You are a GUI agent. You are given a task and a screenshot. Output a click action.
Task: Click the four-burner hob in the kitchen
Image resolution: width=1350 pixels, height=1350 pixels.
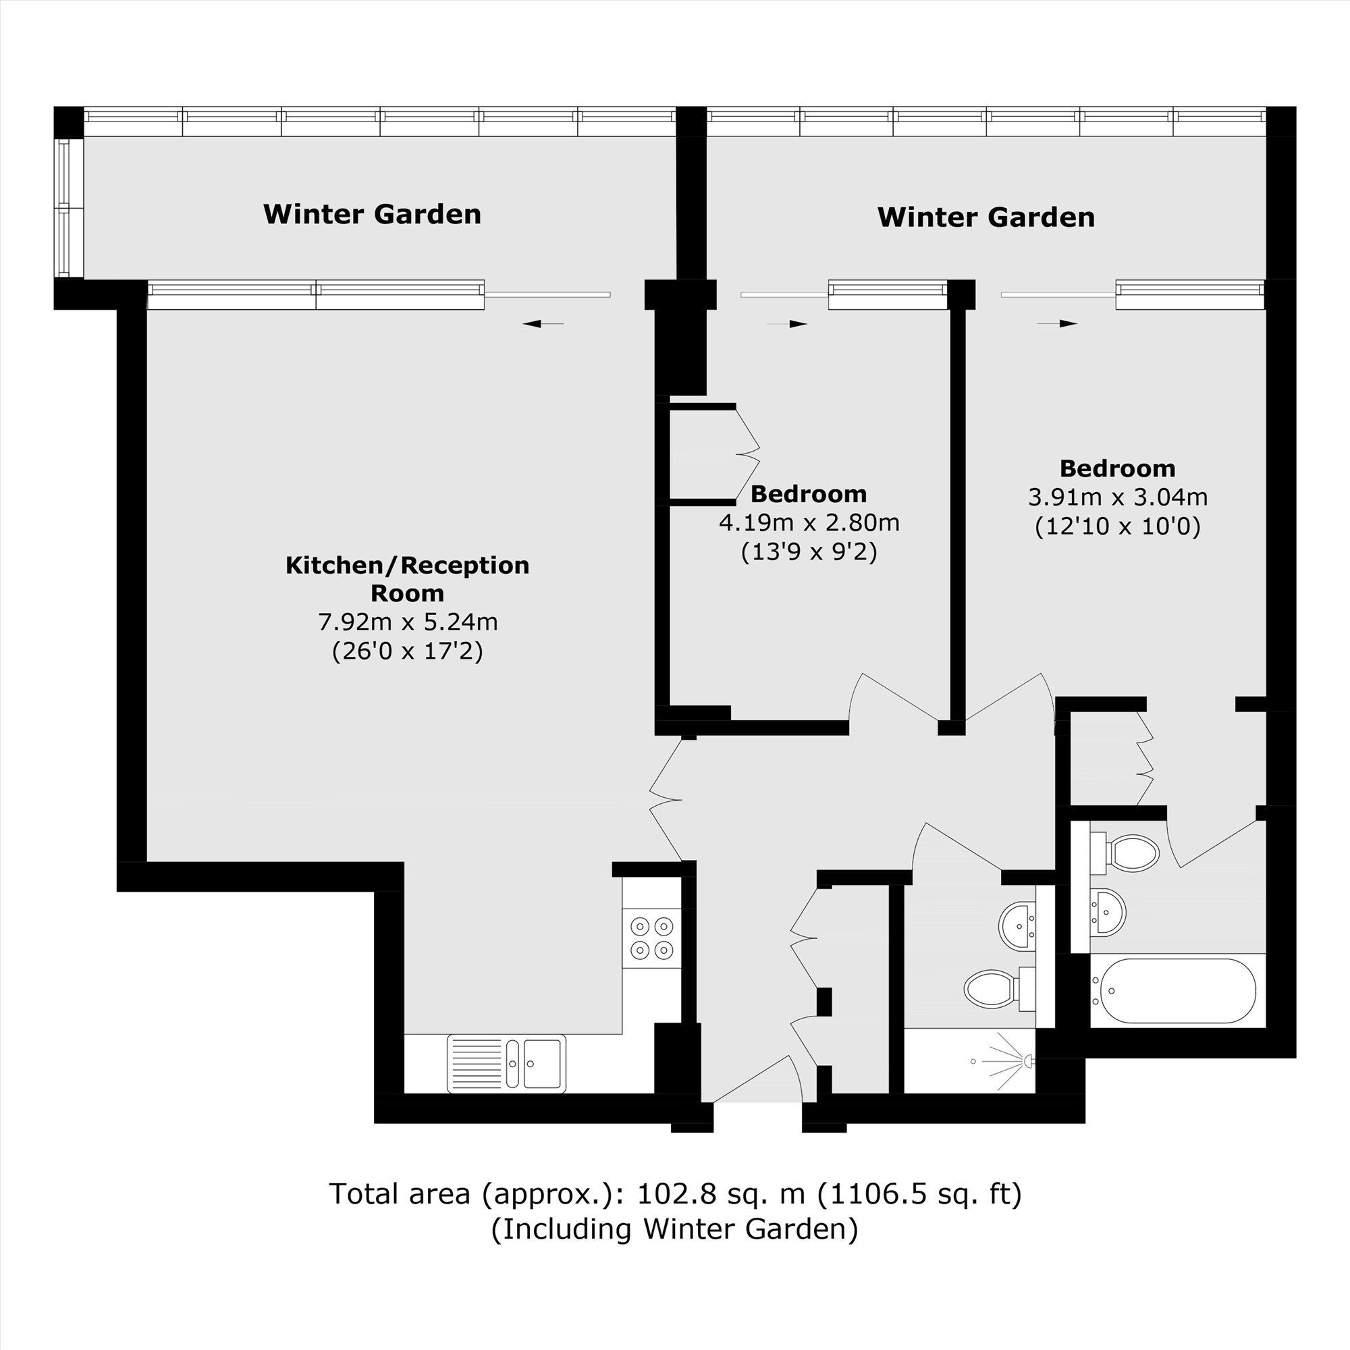pos(652,938)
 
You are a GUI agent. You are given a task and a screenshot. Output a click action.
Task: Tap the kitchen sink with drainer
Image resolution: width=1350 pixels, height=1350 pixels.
pos(507,1064)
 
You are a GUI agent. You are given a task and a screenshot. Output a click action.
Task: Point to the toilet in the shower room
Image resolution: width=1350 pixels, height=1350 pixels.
pos(999,990)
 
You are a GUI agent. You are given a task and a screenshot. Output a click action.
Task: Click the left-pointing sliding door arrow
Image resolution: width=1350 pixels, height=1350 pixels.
pos(543,323)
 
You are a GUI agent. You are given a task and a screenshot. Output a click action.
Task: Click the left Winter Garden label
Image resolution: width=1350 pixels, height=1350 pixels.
pos(373,214)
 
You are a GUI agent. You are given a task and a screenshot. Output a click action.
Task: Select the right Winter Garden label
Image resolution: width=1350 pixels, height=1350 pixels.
pos(986,217)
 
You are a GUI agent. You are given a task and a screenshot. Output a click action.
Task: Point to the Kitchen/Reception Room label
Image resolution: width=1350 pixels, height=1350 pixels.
pos(408,578)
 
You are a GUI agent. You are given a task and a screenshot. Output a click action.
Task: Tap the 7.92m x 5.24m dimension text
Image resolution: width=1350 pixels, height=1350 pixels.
pos(408,621)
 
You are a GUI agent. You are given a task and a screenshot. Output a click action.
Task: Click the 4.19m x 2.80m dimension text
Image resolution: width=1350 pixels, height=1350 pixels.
pos(809,522)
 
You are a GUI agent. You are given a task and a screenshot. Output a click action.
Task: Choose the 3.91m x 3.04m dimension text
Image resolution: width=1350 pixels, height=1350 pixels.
pos(1118,497)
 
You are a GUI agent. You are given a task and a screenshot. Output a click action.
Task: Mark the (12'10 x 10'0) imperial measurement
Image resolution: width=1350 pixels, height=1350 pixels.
pos(1118,526)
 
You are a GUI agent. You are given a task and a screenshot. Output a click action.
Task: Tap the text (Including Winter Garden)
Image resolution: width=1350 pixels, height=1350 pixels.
pos(674,1229)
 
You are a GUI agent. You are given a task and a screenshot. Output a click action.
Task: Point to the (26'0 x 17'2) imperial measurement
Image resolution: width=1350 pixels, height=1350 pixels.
pos(408,651)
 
